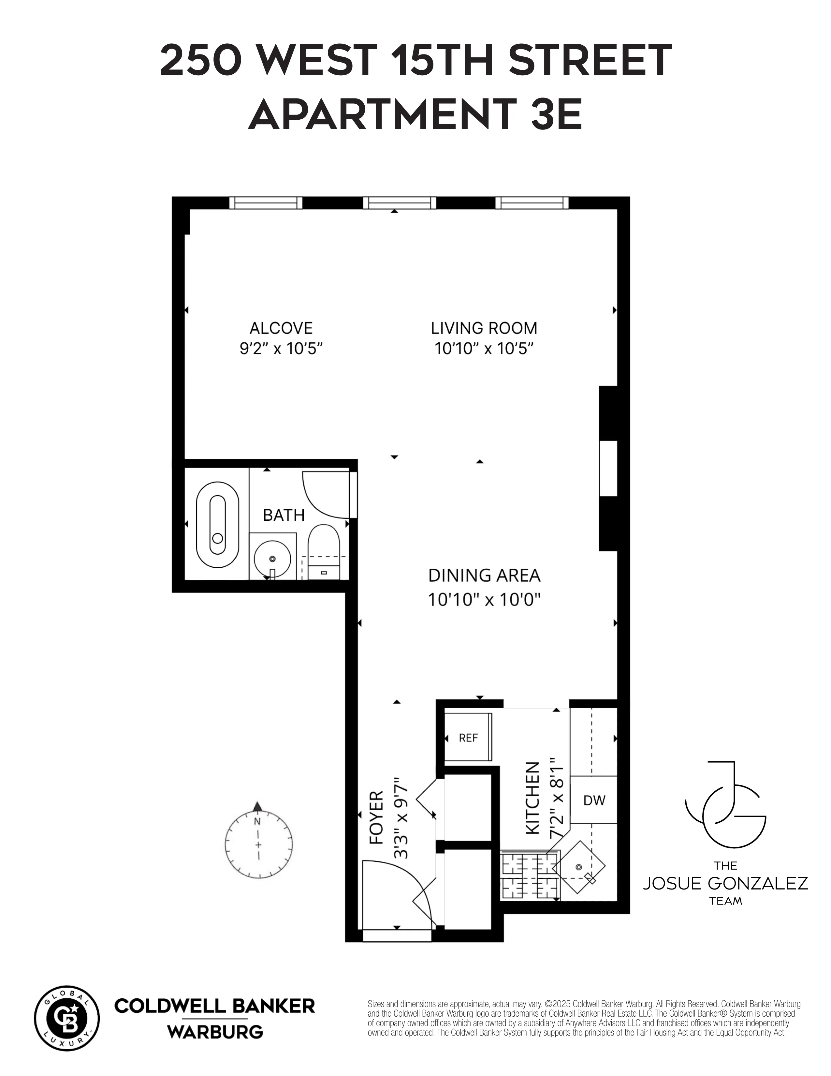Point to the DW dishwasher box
[x=594, y=800]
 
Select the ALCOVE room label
[x=281, y=328]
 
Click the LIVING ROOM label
[x=484, y=328]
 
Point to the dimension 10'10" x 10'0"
[x=484, y=600]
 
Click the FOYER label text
[x=377, y=818]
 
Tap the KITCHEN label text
[x=533, y=799]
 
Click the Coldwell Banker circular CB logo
[x=67, y=1018]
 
